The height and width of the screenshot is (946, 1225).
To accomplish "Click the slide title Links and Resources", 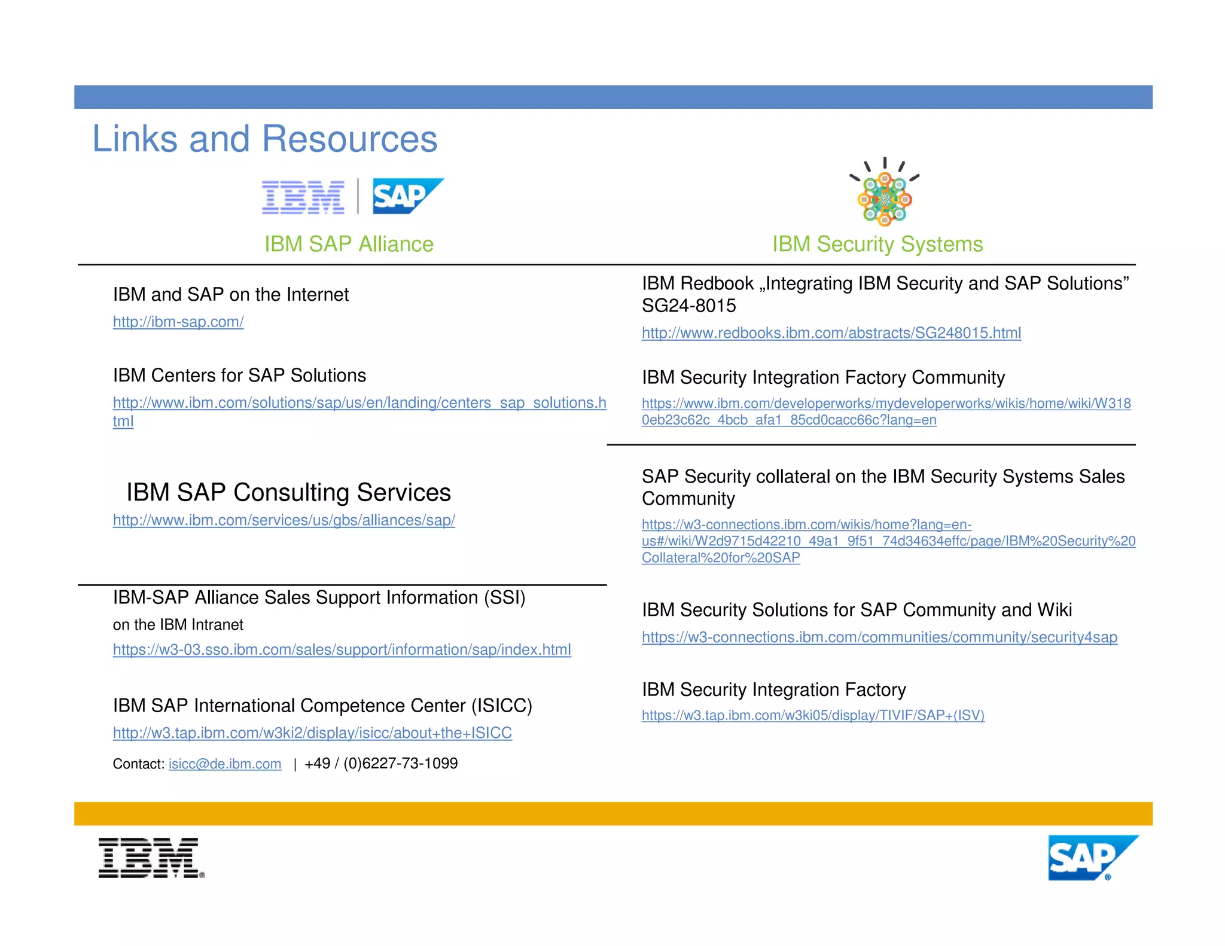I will point(264,139).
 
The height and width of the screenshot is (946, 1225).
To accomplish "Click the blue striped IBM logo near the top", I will point(303,197).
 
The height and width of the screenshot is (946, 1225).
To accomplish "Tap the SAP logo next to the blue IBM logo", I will point(407,196).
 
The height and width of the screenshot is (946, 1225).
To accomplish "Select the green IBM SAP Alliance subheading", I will point(349,244).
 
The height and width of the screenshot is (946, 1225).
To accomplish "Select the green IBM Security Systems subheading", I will point(877,244).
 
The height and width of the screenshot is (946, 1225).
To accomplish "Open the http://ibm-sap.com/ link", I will point(178,322).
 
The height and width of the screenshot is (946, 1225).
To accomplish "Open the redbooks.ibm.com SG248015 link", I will point(831,333).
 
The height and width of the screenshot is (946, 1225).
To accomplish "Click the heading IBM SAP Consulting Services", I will point(288,492).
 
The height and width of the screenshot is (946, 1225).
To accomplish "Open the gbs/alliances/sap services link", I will point(284,520).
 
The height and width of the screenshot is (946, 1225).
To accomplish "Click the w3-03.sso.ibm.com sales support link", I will point(342,649).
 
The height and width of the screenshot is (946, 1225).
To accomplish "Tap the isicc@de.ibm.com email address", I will point(225,764).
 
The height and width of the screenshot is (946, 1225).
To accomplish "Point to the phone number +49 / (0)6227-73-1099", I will point(381,764).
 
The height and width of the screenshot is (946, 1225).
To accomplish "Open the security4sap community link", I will point(879,637).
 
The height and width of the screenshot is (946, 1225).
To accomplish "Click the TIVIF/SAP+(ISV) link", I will point(812,715).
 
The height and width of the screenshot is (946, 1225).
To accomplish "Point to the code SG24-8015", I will point(688,306).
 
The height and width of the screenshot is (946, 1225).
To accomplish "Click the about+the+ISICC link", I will point(312,733).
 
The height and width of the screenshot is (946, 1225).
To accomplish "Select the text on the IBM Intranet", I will point(178,625).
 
